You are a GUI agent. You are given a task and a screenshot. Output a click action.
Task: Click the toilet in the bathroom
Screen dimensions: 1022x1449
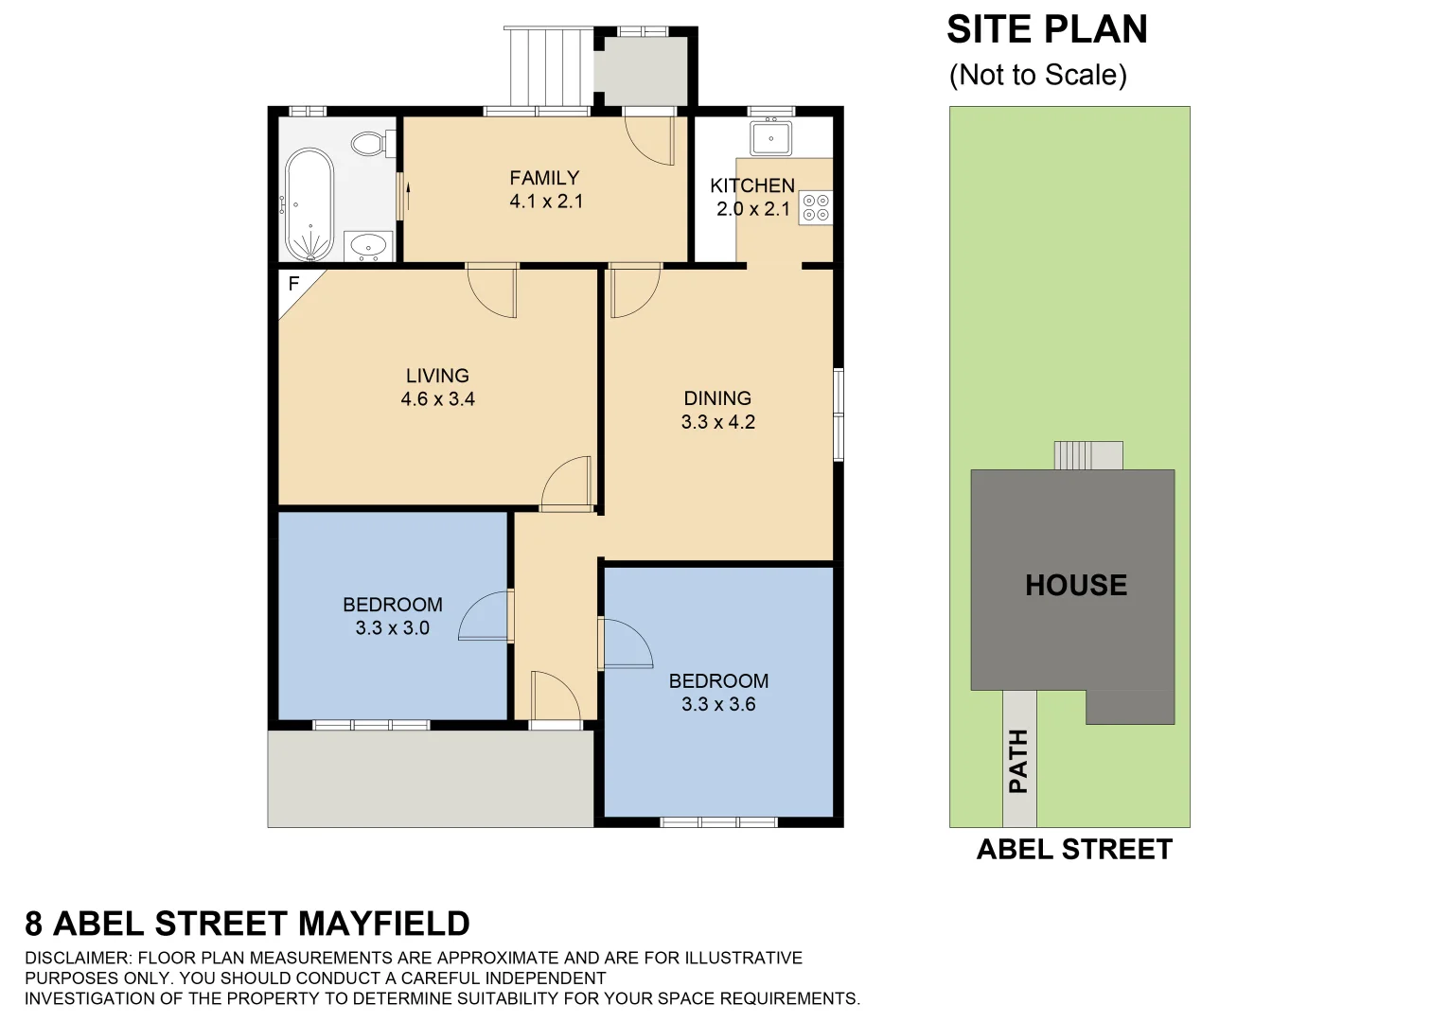pos(369,144)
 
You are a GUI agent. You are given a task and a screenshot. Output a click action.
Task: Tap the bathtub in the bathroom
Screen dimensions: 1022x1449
pos(309,204)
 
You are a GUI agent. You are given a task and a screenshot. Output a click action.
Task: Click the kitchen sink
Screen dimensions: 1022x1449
pos(771,138)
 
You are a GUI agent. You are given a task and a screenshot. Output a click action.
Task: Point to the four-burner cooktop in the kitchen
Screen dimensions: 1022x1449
pos(816,208)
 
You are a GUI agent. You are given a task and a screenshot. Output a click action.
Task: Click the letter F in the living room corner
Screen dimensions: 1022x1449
pos(293,284)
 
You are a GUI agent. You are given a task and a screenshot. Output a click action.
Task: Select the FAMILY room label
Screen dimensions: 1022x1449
pos(544,178)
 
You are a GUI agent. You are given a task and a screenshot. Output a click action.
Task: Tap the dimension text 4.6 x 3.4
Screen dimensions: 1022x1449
pos(437,399)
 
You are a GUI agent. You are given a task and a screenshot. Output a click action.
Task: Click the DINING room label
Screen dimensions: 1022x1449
pos(717,398)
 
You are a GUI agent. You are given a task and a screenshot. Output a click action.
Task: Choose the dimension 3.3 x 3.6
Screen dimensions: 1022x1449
pos(718,704)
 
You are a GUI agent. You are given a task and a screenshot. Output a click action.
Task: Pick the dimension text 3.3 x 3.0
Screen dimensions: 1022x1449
pos(393,628)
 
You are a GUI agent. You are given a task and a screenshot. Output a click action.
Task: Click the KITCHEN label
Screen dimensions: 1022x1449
pos(752,185)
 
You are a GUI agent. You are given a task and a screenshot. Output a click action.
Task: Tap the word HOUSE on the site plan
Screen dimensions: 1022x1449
pos(1076,585)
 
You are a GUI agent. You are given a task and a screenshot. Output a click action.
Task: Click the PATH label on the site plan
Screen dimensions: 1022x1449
pos(1018,761)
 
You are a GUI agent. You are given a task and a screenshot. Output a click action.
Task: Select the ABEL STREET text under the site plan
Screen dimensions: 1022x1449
pos(1074,850)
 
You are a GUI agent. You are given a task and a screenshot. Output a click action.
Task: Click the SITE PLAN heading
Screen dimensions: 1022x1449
pos(1047,30)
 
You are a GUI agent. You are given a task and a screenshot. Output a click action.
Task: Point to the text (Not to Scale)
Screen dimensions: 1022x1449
pos(1038,75)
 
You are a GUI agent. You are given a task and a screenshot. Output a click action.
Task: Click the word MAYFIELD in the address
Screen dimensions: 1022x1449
pos(383,924)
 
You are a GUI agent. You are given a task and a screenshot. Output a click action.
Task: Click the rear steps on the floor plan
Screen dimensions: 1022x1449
pos(545,66)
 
